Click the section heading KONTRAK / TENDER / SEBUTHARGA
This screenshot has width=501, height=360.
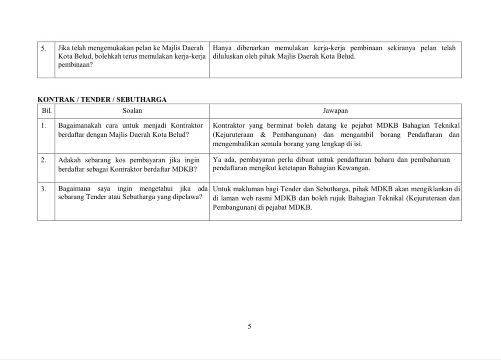click(x=102, y=99)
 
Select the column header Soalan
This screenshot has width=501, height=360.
click(x=132, y=111)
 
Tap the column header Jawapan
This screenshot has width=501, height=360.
click(x=335, y=111)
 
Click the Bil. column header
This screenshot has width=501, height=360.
click(x=46, y=111)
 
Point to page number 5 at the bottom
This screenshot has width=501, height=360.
click(x=250, y=326)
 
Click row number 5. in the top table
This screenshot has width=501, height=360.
click(x=44, y=48)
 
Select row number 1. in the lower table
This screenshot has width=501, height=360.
click(x=44, y=125)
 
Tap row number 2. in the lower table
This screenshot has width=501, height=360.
click(x=44, y=160)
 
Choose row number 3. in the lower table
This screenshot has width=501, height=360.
click(x=44, y=189)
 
